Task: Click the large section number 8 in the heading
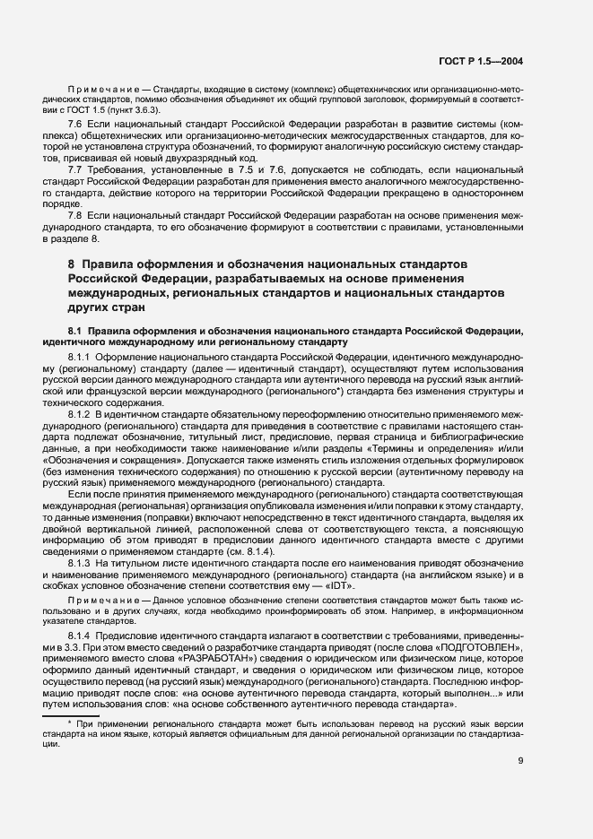click(71, 265)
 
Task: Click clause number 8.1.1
click(81, 356)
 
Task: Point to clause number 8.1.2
click(81, 415)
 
